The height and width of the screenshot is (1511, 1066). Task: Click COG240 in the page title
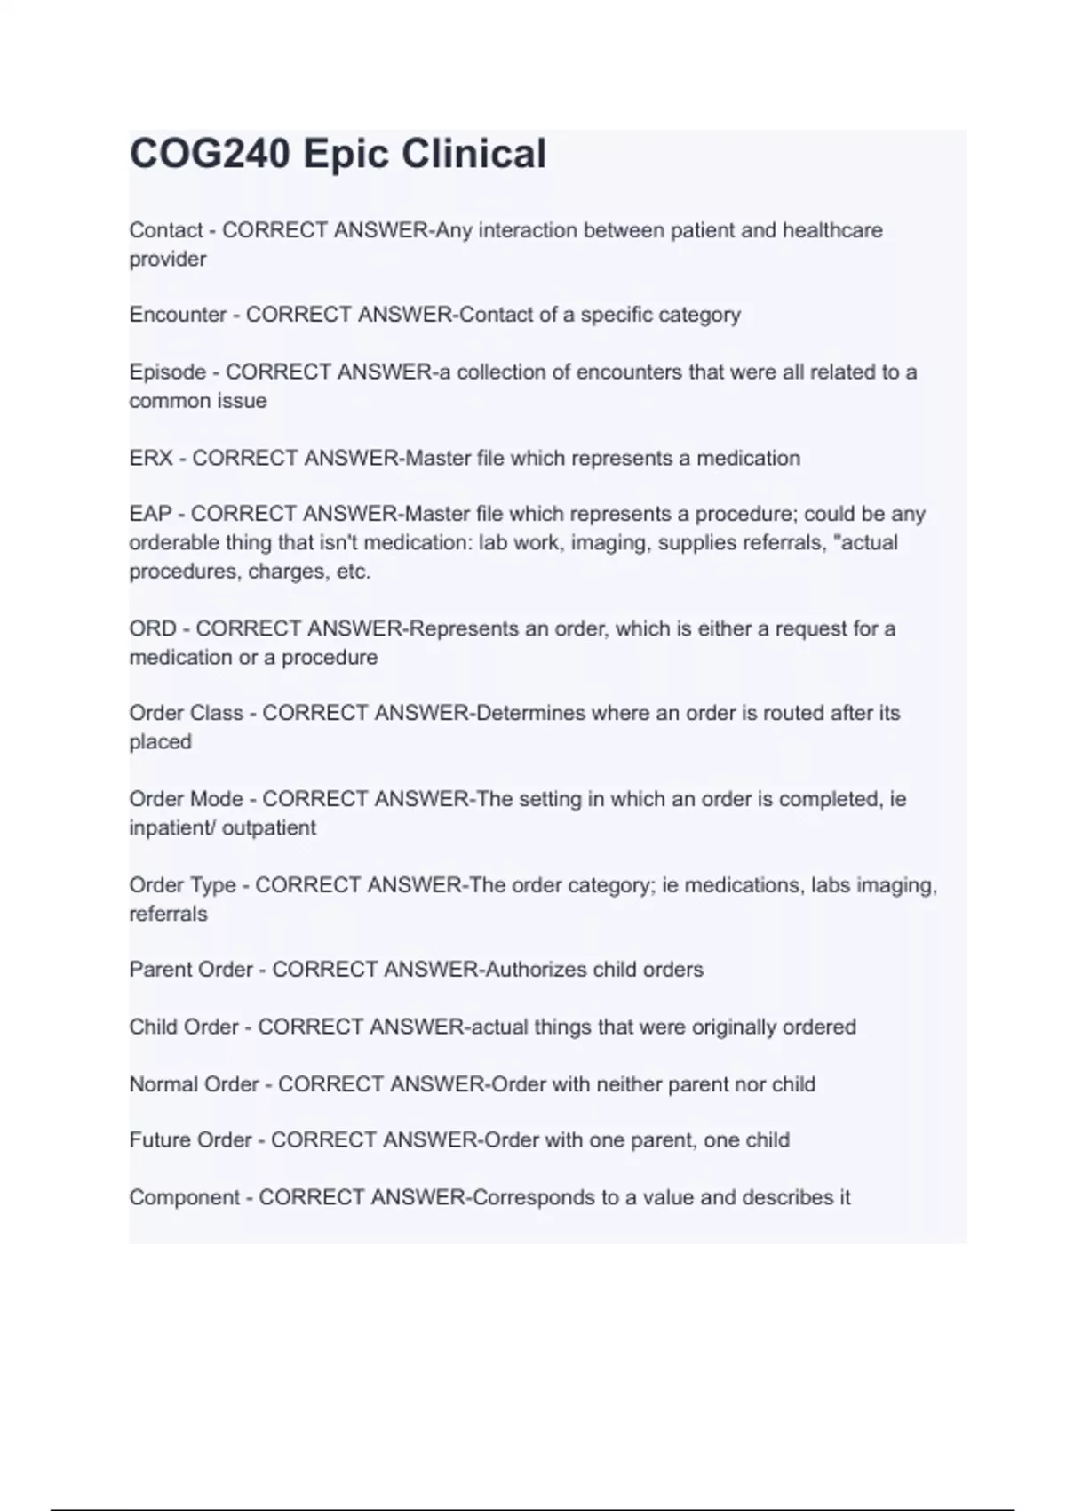pos(210,155)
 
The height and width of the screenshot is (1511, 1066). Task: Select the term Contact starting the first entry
pos(166,230)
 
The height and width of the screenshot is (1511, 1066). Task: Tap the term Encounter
pos(178,315)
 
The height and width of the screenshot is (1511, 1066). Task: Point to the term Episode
pos(168,372)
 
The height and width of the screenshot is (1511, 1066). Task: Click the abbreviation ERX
pos(151,458)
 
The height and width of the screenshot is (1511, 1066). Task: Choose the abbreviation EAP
pos(150,514)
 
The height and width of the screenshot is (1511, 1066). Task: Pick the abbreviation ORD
pos(153,628)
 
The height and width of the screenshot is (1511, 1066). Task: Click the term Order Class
pos(186,713)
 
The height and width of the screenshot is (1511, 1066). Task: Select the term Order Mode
pos(186,799)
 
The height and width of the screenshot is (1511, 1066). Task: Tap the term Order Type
pos(182,885)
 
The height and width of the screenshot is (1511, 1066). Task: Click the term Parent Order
pos(191,969)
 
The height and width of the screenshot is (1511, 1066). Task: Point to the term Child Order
pos(184,1027)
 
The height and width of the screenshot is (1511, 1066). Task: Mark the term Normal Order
pos(194,1084)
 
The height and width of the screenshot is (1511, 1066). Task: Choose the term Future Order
pos(190,1139)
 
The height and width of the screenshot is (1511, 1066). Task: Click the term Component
pos(184,1197)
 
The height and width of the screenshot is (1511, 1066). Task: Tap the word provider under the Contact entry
pos(168,260)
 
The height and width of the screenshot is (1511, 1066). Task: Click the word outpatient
pos(269,827)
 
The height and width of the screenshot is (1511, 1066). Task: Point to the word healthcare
pos(832,230)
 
